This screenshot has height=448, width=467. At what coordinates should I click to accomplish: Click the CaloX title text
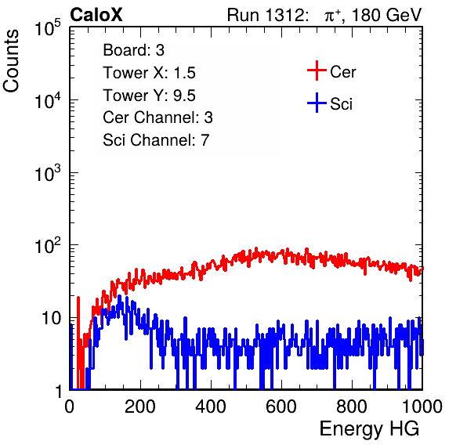(x=96, y=15)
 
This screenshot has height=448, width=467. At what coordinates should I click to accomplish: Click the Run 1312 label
(x=268, y=15)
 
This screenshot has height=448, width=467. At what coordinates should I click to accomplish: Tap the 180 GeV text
(x=386, y=15)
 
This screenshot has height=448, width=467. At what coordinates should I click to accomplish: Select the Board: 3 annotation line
(x=133, y=50)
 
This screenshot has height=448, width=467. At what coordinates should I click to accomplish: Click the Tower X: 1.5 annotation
(x=149, y=73)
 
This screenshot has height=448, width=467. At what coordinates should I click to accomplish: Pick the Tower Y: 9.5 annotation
(x=149, y=96)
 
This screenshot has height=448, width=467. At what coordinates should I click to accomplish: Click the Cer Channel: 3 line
(x=157, y=117)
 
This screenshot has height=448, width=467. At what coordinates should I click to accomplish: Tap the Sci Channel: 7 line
(x=156, y=140)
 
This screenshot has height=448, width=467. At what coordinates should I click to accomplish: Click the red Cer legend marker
(x=317, y=70)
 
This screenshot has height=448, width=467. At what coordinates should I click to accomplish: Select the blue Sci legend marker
(x=317, y=103)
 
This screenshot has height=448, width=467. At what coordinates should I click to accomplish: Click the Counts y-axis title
(x=11, y=61)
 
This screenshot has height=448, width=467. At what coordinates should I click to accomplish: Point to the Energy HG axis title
(x=369, y=429)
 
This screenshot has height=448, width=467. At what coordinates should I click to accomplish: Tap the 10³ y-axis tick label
(x=48, y=173)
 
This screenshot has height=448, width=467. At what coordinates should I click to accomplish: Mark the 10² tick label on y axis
(x=48, y=246)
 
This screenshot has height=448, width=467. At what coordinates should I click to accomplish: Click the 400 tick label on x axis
(x=211, y=406)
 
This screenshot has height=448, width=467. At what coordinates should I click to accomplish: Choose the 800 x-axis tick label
(x=352, y=406)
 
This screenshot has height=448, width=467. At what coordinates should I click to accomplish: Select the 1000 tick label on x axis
(x=422, y=406)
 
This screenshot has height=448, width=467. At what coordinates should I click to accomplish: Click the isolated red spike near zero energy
(x=78, y=342)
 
